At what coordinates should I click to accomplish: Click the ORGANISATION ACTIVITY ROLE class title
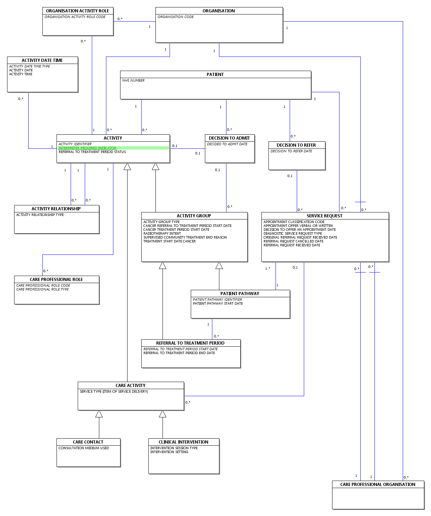[x=77, y=11]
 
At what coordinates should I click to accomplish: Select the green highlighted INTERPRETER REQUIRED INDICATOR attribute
[x=87, y=148]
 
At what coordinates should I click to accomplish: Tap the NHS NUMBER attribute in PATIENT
[x=133, y=80]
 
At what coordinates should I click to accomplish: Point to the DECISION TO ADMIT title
[x=229, y=138]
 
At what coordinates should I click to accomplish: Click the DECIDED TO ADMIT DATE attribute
[x=227, y=144]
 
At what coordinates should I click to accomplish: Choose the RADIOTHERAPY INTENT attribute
[x=162, y=233]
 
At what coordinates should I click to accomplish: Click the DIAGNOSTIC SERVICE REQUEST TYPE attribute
[x=293, y=233]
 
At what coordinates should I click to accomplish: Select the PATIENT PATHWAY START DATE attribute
[x=218, y=303]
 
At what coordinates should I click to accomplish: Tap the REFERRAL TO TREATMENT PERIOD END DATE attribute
[x=179, y=353]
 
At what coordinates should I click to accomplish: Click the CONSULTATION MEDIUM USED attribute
[x=83, y=448]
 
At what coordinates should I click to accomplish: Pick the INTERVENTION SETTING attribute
[x=169, y=452]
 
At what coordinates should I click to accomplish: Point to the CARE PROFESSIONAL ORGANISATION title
[x=378, y=484]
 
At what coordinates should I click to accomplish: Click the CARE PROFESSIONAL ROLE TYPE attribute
[x=42, y=289]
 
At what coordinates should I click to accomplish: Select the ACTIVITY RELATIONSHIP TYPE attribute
[x=40, y=215]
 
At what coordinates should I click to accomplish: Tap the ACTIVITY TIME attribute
[x=20, y=74]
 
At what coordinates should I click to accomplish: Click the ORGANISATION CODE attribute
[x=175, y=17]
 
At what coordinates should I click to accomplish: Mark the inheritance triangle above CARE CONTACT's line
[x=99, y=414]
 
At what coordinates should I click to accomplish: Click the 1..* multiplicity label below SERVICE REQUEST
[x=267, y=268]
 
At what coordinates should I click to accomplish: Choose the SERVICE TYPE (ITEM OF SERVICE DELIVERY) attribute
[x=114, y=391]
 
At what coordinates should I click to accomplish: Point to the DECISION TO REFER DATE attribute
[x=291, y=151]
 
